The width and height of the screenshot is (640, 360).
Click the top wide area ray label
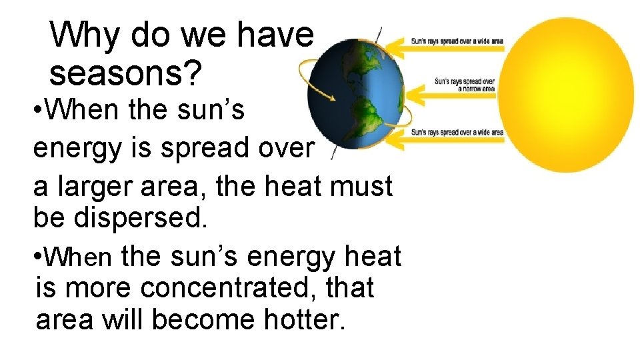click(457, 41)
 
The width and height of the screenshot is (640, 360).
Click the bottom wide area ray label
click(457, 133)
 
